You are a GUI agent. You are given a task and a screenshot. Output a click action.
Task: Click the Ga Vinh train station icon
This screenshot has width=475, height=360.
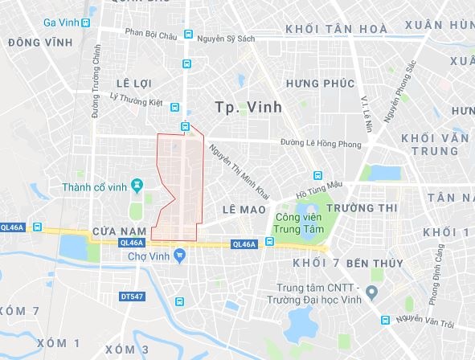(85, 22)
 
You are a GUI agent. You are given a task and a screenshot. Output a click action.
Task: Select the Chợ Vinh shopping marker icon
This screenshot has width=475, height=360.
(179, 256)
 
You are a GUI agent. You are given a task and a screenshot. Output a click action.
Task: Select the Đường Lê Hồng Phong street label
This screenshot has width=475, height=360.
(313, 143)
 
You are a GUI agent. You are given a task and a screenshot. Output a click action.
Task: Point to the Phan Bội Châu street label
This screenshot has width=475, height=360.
(152, 34)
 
